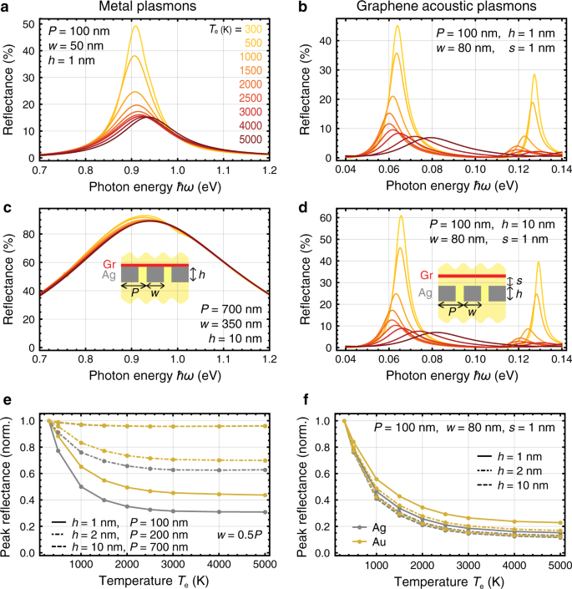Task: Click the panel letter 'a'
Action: click(6, 8)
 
